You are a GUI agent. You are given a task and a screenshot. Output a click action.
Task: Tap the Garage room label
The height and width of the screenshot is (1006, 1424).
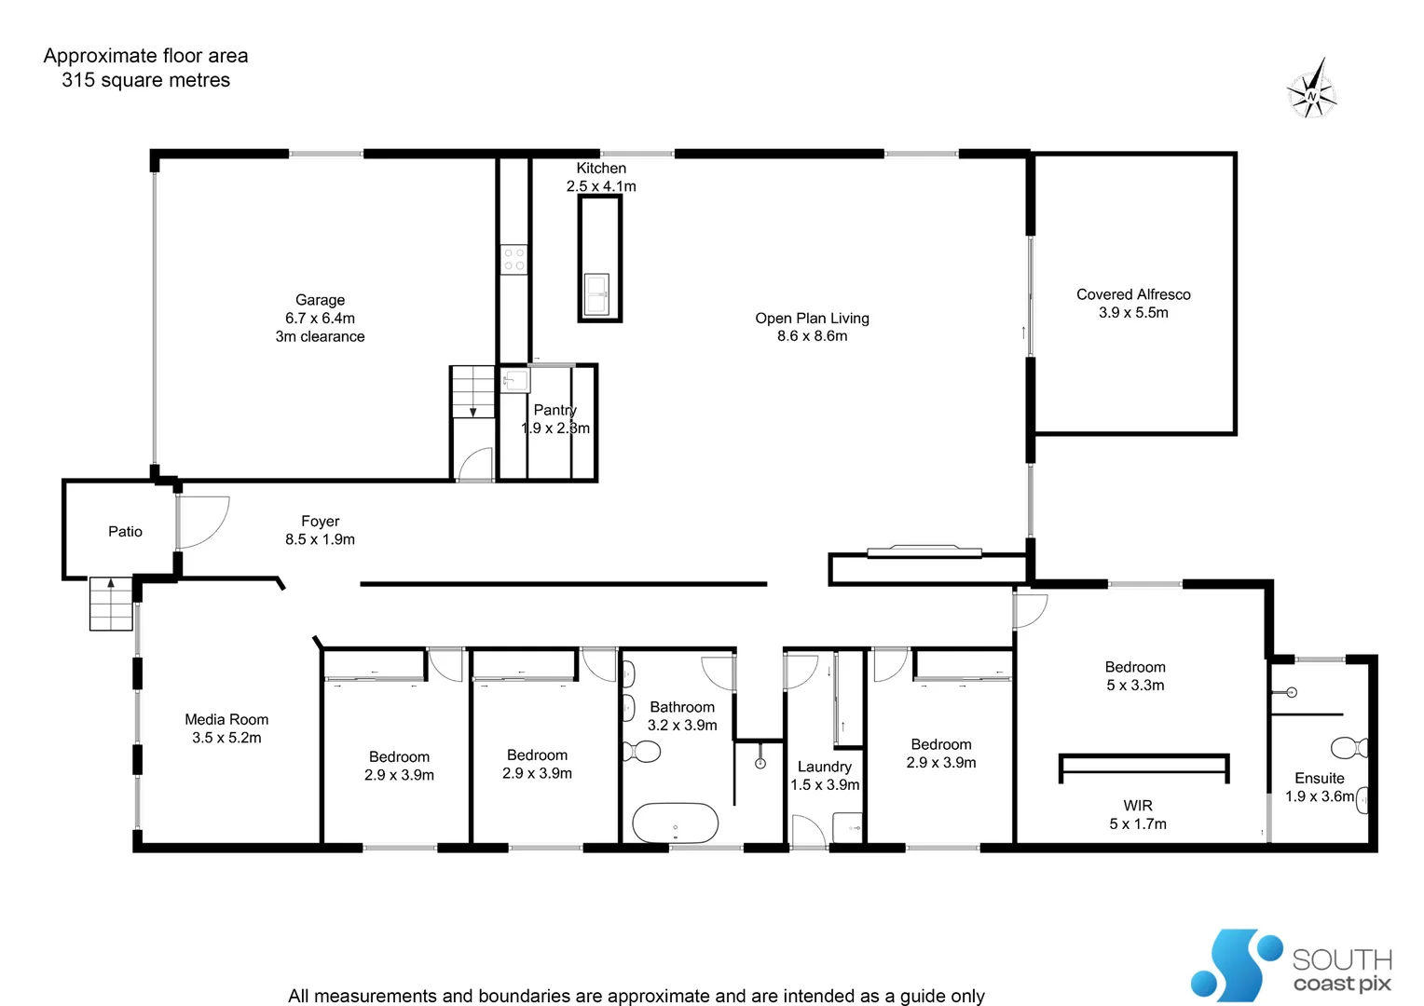[x=320, y=300]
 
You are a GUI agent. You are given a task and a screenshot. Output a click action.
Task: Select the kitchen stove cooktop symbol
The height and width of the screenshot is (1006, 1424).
[x=513, y=260]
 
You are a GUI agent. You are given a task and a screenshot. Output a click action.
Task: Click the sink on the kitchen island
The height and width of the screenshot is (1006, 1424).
[x=596, y=293]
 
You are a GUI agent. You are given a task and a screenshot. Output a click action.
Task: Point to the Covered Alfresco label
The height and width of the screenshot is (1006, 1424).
[x=1133, y=294]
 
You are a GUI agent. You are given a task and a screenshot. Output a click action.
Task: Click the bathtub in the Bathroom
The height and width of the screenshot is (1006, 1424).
[x=676, y=823]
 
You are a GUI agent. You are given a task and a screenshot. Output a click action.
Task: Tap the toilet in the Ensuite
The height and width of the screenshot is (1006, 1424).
[x=1349, y=747]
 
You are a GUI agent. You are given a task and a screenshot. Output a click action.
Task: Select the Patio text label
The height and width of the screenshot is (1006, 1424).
[x=125, y=532]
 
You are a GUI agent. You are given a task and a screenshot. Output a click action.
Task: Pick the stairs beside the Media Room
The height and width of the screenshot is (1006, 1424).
[x=111, y=604]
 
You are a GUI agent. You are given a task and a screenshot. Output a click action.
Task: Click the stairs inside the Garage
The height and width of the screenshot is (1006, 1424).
[x=472, y=392]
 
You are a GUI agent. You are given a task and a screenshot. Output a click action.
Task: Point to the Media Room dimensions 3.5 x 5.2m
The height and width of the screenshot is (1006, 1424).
[x=226, y=738]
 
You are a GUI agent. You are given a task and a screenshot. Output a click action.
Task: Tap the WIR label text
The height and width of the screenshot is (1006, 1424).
[x=1137, y=806]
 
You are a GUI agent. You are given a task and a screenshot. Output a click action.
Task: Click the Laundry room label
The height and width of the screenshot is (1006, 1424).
[x=824, y=767]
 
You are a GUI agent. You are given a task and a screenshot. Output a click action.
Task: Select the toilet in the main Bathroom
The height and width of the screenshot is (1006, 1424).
[x=641, y=751]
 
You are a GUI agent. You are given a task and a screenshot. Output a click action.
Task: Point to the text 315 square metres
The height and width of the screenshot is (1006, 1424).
[x=145, y=80]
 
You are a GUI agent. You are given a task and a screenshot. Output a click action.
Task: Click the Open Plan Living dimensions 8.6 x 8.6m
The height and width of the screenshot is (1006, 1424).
[x=812, y=336]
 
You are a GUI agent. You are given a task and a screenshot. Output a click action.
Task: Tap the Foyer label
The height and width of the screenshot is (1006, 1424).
[x=320, y=522]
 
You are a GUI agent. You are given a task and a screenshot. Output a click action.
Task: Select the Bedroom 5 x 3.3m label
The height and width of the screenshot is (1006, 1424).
[x=1134, y=668]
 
